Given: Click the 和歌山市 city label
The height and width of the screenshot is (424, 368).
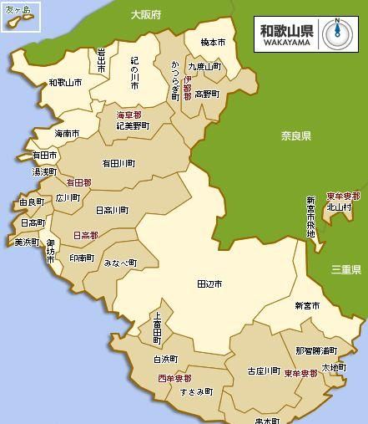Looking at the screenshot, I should pyautogui.click(x=65, y=83).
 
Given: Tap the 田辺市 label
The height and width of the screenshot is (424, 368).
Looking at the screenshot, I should pyautogui.click(x=209, y=284).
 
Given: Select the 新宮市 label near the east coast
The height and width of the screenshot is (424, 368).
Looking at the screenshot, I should pyautogui.click(x=307, y=306).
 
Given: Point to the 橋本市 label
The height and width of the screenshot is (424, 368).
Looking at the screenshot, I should pyautogui.click(x=214, y=42).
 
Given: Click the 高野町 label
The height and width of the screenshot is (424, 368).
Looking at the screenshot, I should pyautogui.click(x=206, y=95).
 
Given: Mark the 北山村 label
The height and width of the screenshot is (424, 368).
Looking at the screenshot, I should pyautogui.click(x=338, y=208).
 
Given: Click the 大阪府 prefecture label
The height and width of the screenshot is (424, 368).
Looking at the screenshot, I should pyautogui.click(x=146, y=15).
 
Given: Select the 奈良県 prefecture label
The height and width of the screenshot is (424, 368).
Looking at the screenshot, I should pyautogui.click(x=295, y=135).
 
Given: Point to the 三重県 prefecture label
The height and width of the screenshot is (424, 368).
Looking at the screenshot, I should pyautogui.click(x=345, y=269).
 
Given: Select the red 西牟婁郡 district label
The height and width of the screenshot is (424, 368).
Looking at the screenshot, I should pyautogui.click(x=174, y=378).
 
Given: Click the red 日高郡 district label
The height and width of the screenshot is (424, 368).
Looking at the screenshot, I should pyautogui.click(x=86, y=236).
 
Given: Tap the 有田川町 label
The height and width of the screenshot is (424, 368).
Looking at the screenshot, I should pyautogui.click(x=118, y=164).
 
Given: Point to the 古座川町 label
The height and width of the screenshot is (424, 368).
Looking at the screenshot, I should pyautogui.click(x=264, y=370).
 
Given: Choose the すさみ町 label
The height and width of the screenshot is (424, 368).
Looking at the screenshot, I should pyautogui.click(x=196, y=391).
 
